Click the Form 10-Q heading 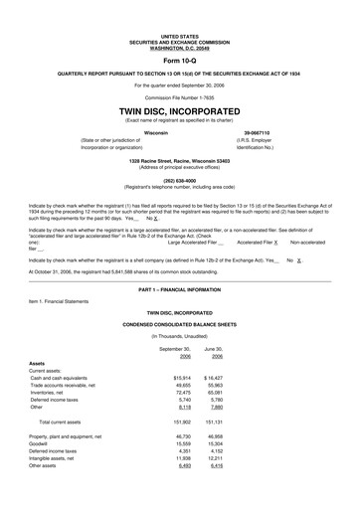click(179, 60)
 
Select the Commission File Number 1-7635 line click(179, 97)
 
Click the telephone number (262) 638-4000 click(179, 181)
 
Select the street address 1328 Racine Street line click(179, 160)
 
